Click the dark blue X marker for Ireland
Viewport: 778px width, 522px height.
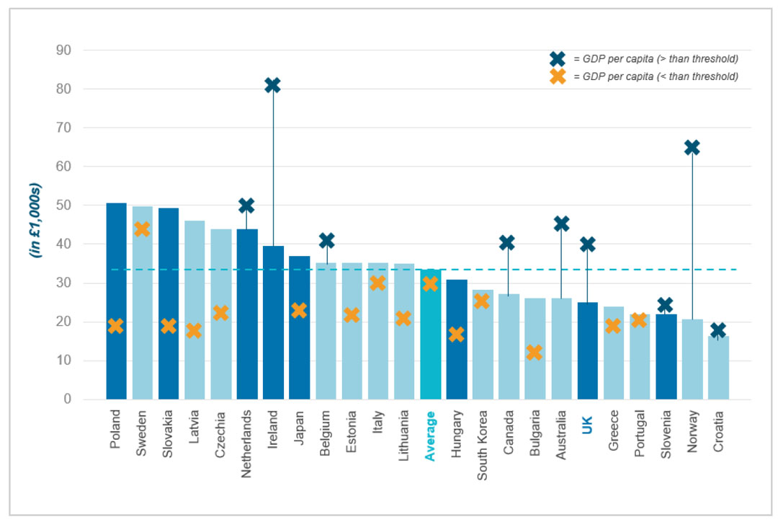click(x=272, y=85)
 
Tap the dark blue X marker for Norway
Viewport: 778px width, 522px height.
click(x=692, y=147)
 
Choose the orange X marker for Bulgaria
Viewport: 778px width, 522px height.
click(x=534, y=353)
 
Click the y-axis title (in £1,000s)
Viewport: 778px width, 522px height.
click(x=35, y=221)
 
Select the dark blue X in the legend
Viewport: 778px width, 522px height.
click(x=557, y=59)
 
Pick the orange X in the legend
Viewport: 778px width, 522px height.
click(x=557, y=76)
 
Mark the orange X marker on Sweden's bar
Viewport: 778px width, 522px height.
click(x=142, y=229)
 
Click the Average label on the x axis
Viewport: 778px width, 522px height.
click(x=430, y=436)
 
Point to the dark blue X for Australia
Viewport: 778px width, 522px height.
click(x=561, y=224)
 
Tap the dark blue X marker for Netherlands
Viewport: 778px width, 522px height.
click(x=246, y=205)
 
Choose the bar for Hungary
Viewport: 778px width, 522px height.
click(x=456, y=339)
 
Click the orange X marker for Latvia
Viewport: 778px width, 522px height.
click(x=194, y=331)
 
